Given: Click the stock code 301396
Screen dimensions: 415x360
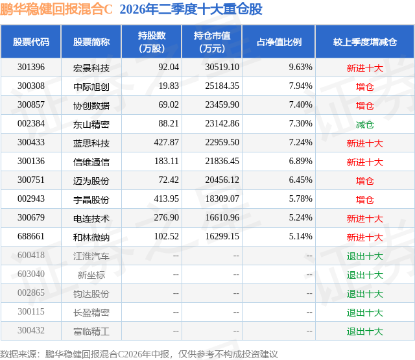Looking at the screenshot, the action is (31, 67).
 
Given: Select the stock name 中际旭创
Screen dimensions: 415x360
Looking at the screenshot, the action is (91, 87).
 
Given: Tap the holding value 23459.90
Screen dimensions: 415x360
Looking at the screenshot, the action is (222, 105).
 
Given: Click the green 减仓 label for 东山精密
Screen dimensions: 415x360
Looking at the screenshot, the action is (364, 125).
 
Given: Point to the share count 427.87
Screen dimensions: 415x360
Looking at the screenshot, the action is (167, 143).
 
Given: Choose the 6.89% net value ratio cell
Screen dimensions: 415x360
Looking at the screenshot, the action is (300, 162).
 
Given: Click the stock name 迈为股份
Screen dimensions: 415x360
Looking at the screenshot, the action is (91, 181).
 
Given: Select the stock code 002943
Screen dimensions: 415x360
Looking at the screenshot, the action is (31, 198).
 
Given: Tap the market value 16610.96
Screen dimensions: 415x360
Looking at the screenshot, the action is (222, 217).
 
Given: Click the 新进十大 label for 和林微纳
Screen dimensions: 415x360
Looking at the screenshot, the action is (364, 237).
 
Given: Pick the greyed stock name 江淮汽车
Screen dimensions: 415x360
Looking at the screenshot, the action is (91, 256).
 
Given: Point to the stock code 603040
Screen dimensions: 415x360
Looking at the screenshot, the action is (31, 274).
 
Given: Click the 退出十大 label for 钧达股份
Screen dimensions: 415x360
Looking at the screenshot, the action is (364, 294).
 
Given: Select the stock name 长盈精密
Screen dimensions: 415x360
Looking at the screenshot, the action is (91, 313).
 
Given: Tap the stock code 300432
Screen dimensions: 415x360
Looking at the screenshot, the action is (31, 330).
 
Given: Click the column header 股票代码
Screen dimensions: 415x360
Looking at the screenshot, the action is (31, 42).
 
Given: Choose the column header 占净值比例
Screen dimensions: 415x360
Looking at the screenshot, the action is (279, 42).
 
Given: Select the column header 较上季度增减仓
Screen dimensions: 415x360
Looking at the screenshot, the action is (364, 42).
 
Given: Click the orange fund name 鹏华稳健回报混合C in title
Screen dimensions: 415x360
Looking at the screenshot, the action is (56, 9).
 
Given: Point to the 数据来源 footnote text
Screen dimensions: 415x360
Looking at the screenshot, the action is (139, 354).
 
